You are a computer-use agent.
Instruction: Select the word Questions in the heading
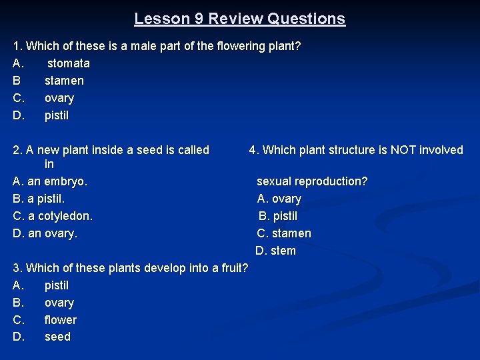tap(306, 19)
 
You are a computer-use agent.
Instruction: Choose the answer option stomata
tap(68, 63)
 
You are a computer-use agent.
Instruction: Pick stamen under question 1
tap(64, 81)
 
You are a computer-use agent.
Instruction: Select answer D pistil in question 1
tap(57, 115)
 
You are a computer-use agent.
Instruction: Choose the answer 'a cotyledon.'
tap(60, 216)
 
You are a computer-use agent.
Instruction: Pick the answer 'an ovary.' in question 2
tap(53, 233)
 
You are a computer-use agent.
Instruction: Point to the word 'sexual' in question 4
tap(274, 181)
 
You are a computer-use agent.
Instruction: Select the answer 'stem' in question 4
tap(283, 251)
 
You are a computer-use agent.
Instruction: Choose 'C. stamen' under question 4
tap(285, 233)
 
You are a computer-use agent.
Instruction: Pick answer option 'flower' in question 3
tap(61, 320)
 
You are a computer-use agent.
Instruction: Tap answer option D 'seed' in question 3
tap(57, 337)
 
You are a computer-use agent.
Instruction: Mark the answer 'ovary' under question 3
tap(59, 303)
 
